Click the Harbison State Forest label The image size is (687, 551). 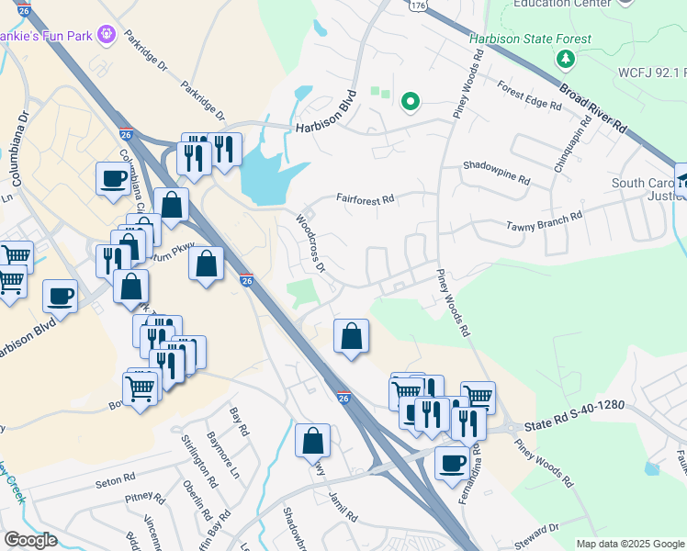(x=531, y=39)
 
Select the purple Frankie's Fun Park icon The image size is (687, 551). (x=107, y=35)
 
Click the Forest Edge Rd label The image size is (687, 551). (x=529, y=95)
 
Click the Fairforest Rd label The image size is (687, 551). (x=365, y=197)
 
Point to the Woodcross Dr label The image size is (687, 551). (x=310, y=243)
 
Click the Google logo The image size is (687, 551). (x=30, y=539)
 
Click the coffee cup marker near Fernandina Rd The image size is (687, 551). (x=451, y=464)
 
